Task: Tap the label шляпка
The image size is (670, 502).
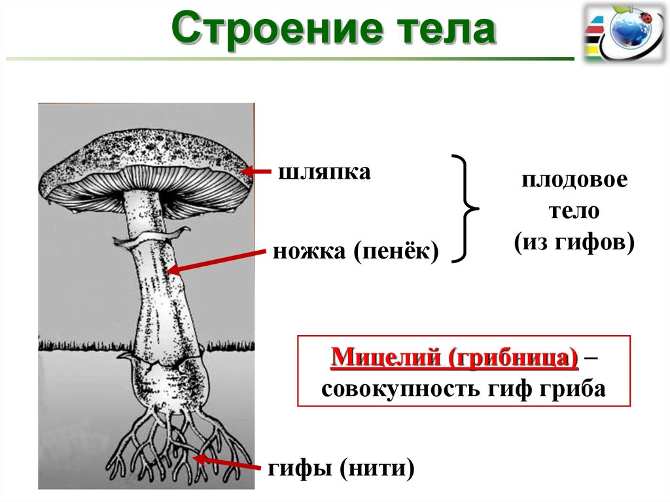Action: coord(325,173)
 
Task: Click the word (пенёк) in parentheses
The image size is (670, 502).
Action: coord(397,251)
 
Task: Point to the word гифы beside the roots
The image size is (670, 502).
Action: coord(298,469)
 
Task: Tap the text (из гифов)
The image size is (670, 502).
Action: coord(574,243)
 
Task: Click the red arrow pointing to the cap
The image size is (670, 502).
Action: coord(259,172)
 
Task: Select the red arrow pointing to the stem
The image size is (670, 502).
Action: coord(216,259)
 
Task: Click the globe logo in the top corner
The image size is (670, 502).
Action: coord(625,31)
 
